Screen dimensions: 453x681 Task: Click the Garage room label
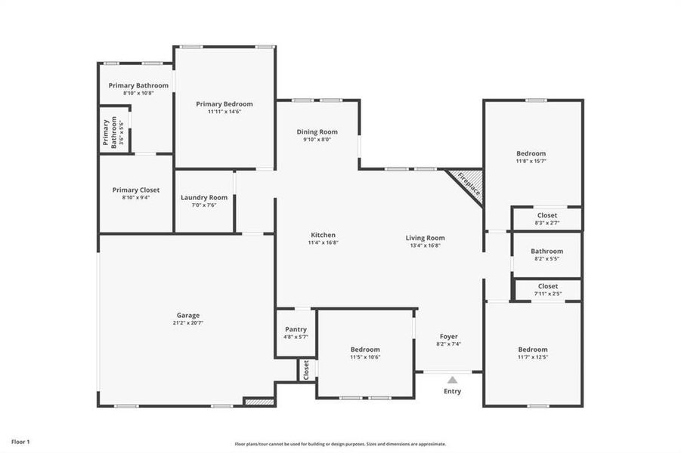[x=188, y=315]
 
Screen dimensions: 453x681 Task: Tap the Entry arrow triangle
[x=452, y=380]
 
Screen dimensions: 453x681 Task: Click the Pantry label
[x=296, y=329]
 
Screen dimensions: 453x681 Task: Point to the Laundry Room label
[x=204, y=198]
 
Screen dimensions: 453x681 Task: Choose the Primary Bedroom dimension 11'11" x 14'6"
[x=224, y=112]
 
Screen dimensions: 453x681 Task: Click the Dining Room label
[x=317, y=131]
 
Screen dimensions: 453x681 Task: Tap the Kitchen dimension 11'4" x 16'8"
[x=322, y=244]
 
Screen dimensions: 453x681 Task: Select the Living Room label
[x=425, y=237]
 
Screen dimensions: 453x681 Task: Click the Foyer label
[x=449, y=336]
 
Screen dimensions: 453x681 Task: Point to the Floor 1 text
[x=20, y=441]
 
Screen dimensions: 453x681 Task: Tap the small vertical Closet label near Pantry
[x=306, y=370]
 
